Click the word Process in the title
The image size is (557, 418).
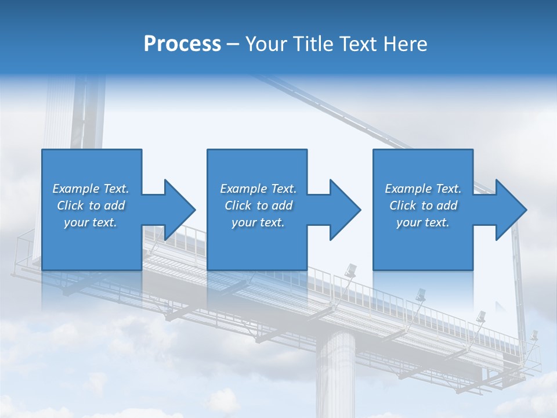[x=182, y=44]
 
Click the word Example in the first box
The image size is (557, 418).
[x=76, y=189]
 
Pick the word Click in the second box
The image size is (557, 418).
[x=238, y=206]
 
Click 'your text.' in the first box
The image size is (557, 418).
[x=91, y=222]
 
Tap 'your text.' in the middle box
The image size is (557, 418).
[x=258, y=222]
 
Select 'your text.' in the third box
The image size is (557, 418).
[x=423, y=222]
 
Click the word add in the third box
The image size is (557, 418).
[x=446, y=206]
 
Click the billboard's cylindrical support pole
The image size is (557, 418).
[x=335, y=372]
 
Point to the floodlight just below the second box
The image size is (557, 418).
[x=351, y=271]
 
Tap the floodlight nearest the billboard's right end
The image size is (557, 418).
[x=533, y=336]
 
